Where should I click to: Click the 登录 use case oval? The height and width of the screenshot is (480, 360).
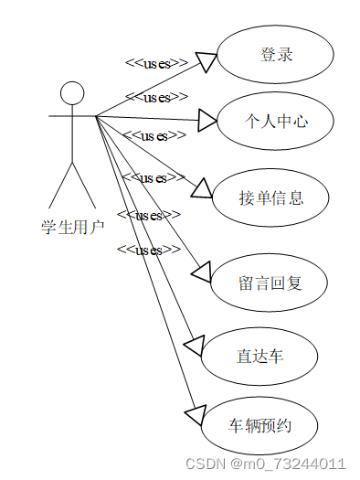click(x=276, y=55)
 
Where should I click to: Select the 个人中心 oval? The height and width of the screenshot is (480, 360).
click(x=276, y=120)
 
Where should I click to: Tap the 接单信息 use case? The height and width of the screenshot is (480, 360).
click(x=270, y=197)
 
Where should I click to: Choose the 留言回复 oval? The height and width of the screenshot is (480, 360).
click(x=269, y=283)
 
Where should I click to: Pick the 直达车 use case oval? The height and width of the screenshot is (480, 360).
click(x=260, y=355)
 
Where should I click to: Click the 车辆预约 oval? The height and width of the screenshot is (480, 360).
click(x=260, y=426)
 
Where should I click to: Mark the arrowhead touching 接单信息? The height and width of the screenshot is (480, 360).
click(x=201, y=187)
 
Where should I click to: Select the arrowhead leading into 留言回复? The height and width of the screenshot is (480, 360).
click(x=202, y=272)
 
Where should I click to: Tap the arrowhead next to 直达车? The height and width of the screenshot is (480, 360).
click(x=195, y=346)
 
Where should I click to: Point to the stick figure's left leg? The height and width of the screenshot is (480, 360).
click(x=60, y=187)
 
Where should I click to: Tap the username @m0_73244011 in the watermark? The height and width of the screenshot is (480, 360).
click(x=287, y=464)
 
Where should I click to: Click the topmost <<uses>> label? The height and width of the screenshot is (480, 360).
click(x=156, y=63)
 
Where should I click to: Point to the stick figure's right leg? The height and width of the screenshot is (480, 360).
click(x=85, y=187)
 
